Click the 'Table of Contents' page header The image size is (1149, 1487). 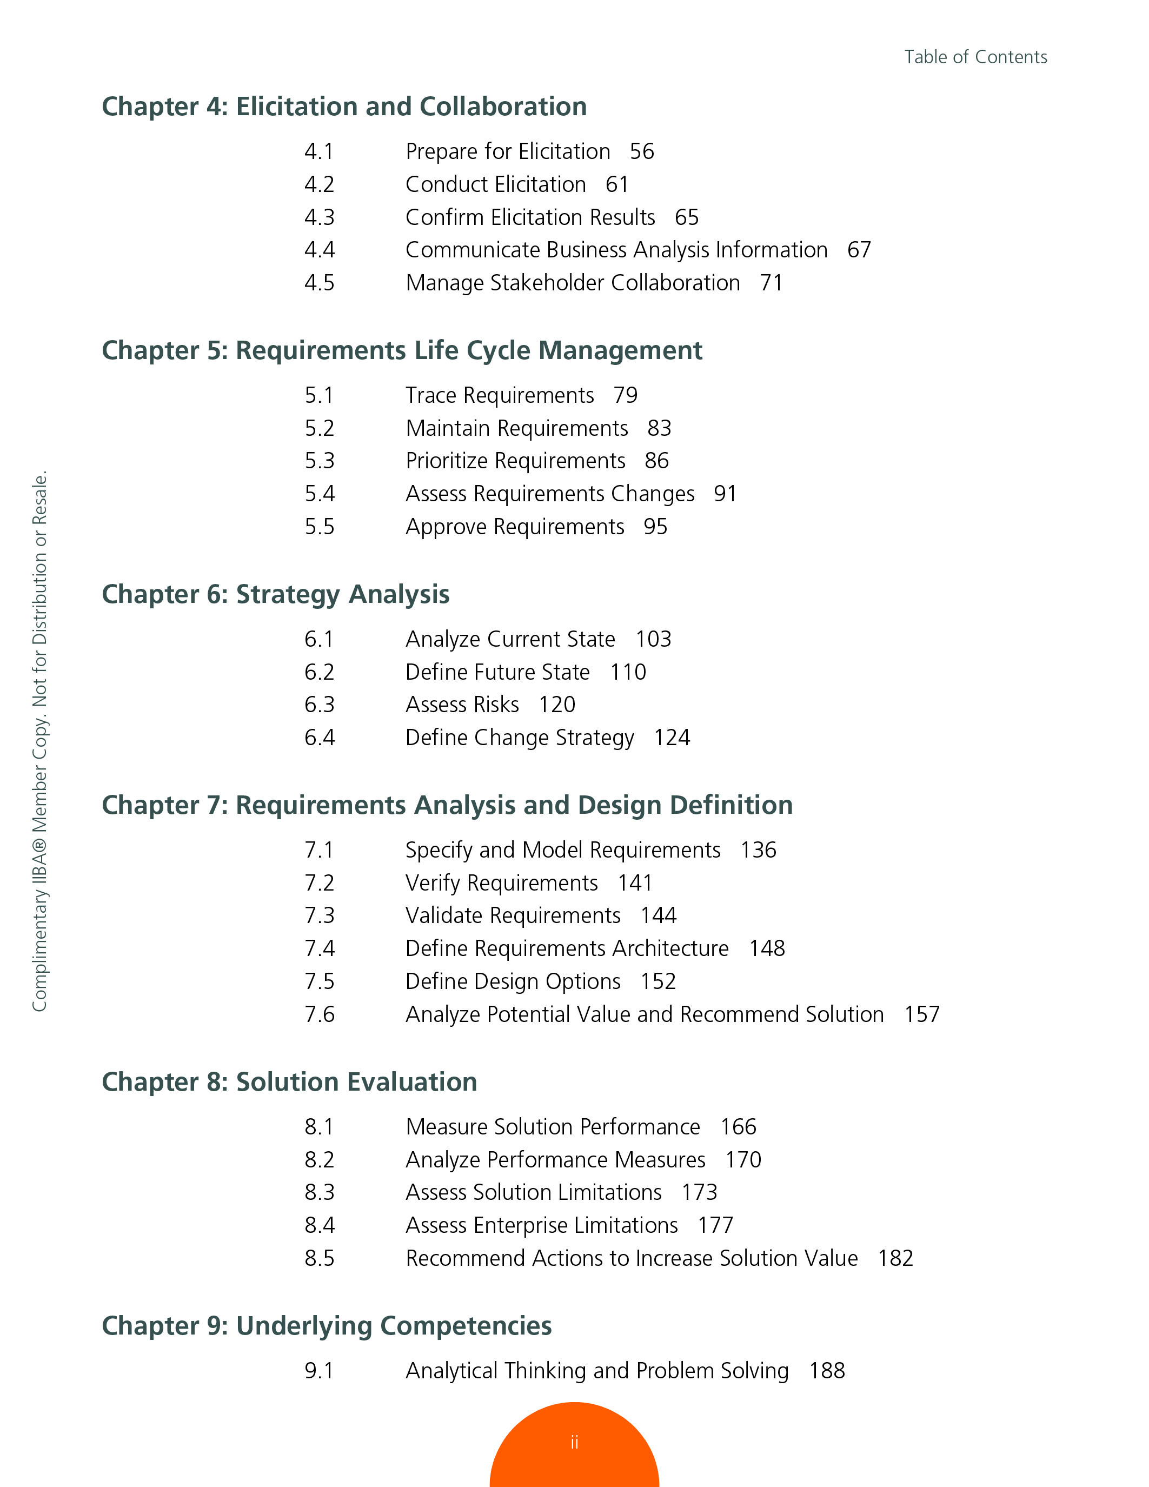[x=975, y=57]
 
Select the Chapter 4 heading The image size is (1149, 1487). [x=344, y=107]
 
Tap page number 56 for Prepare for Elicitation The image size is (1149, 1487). [x=641, y=151]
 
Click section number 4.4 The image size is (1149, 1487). [x=319, y=250]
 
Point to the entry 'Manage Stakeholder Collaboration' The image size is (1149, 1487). [x=573, y=283]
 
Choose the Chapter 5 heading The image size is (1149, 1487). [x=402, y=350]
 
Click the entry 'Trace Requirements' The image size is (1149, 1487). [x=500, y=395]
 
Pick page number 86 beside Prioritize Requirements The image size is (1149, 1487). [x=656, y=461]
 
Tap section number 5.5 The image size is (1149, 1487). [x=319, y=526]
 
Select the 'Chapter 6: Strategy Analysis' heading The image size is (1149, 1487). [x=275, y=594]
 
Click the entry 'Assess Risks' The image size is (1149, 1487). [x=462, y=704]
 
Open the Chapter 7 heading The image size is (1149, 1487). [x=447, y=806]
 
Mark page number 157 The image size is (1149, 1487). [x=922, y=1014]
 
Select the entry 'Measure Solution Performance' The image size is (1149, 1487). [x=553, y=1127]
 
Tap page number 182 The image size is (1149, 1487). [x=895, y=1258]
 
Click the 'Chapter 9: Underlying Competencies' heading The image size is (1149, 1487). [x=326, y=1326]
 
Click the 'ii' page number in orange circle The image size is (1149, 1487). [x=574, y=1442]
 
